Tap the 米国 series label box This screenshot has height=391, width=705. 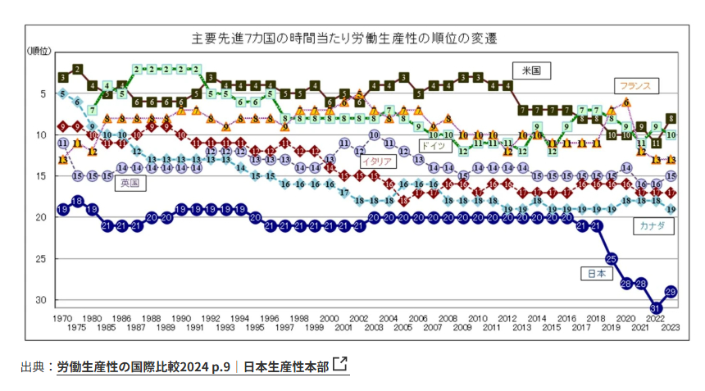532,70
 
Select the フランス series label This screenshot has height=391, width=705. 634,84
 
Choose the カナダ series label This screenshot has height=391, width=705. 653,225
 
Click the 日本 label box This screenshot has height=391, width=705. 595,273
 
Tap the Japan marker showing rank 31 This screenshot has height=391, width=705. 656,307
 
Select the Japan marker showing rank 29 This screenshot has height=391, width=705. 670,291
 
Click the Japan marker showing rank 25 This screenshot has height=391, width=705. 612,258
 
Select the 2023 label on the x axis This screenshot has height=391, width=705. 670,328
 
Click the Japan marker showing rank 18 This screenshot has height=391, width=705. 77,200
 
